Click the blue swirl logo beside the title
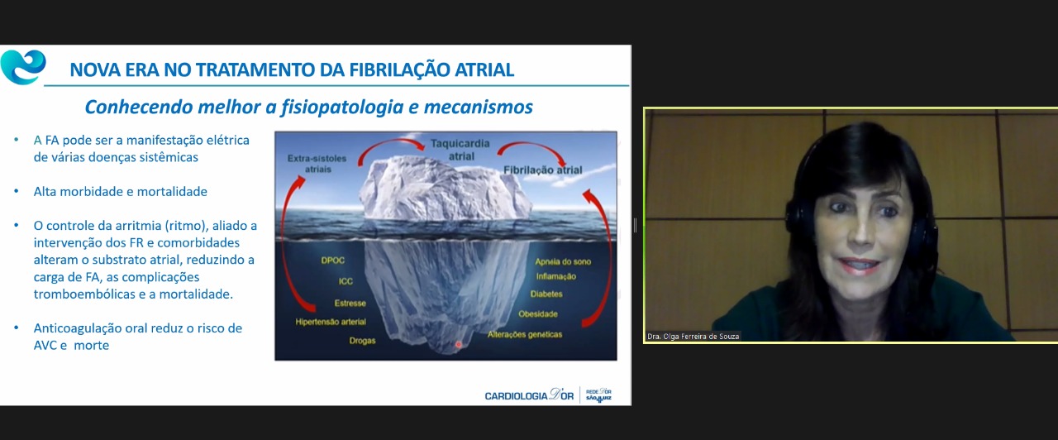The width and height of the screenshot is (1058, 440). (23, 67)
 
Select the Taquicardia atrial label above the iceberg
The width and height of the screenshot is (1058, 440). (460, 150)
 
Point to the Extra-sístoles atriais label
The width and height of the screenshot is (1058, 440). (317, 164)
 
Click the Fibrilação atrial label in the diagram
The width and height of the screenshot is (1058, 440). (543, 170)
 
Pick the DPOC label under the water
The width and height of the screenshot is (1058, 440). (332, 261)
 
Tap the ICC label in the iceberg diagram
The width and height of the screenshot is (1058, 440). (346, 281)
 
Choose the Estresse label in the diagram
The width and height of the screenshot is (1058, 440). (350, 303)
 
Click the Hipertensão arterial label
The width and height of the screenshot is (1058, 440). (331, 322)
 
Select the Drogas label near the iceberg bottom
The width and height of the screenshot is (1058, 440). (362, 341)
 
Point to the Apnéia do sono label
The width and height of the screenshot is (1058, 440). (563, 261)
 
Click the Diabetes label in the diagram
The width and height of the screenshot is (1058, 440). (546, 294)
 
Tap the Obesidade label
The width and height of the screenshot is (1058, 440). (538, 313)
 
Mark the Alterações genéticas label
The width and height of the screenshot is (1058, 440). (525, 335)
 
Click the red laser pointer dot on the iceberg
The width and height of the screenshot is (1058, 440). (458, 345)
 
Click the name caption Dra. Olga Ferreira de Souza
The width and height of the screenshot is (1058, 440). (693, 337)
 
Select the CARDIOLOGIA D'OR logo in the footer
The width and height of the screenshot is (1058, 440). (529, 395)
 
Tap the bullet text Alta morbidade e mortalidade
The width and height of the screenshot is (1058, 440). (121, 191)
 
